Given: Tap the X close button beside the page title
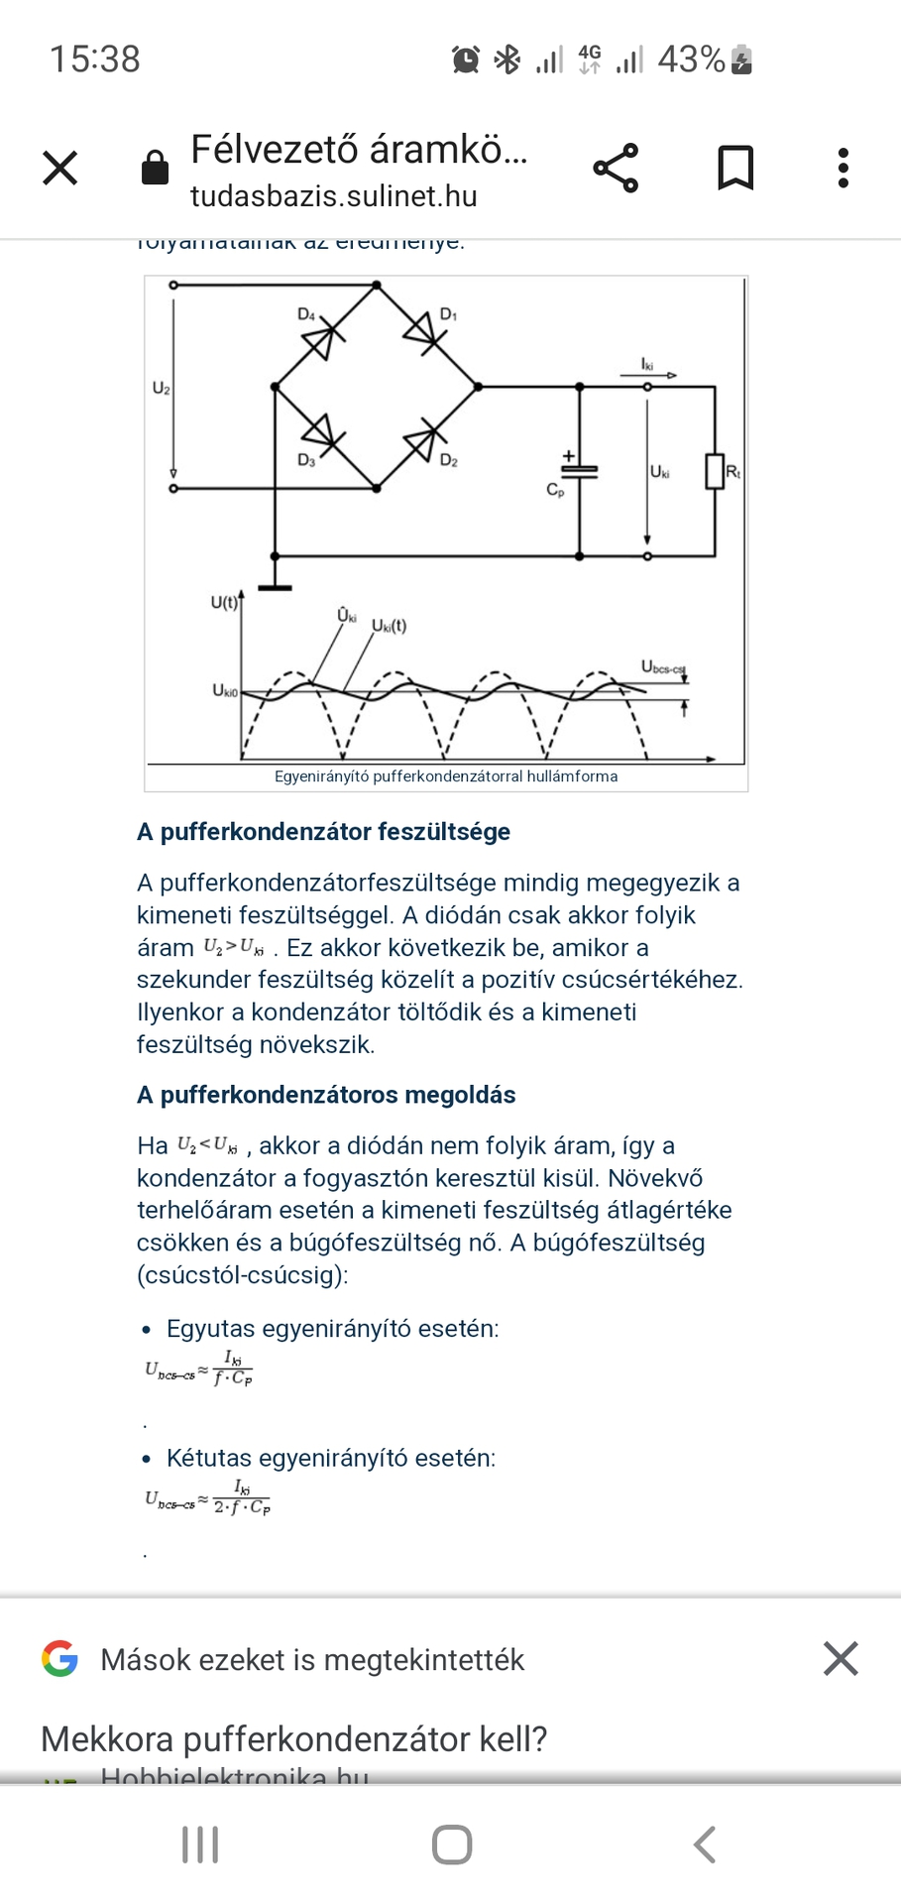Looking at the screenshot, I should [60, 168].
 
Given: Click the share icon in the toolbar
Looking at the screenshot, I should [616, 168].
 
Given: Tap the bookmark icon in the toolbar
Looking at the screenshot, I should [735, 168].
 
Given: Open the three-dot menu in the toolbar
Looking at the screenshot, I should [844, 168].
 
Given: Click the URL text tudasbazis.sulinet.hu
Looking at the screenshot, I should [333, 196].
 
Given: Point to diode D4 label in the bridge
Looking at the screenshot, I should [306, 314].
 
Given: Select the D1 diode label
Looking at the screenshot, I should [449, 314].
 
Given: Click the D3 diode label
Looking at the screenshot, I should [306, 461].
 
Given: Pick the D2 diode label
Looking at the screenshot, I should [449, 461].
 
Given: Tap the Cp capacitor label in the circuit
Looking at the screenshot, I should [555, 490].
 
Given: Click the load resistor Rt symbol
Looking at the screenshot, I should [715, 471].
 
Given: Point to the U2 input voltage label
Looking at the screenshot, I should [161, 388].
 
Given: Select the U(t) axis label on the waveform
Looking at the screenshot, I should [224, 602].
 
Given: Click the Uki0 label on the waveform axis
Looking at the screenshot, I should [225, 690].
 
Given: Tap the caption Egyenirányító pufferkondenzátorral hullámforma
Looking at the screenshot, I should [446, 776].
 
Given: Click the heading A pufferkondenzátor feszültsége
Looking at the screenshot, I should [323, 832].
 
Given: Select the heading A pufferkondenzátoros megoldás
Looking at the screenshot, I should [326, 1095].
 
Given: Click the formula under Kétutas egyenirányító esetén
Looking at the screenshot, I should [208, 1498].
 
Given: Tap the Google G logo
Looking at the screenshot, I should [60, 1659].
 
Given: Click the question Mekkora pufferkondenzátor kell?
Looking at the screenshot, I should [294, 1739].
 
